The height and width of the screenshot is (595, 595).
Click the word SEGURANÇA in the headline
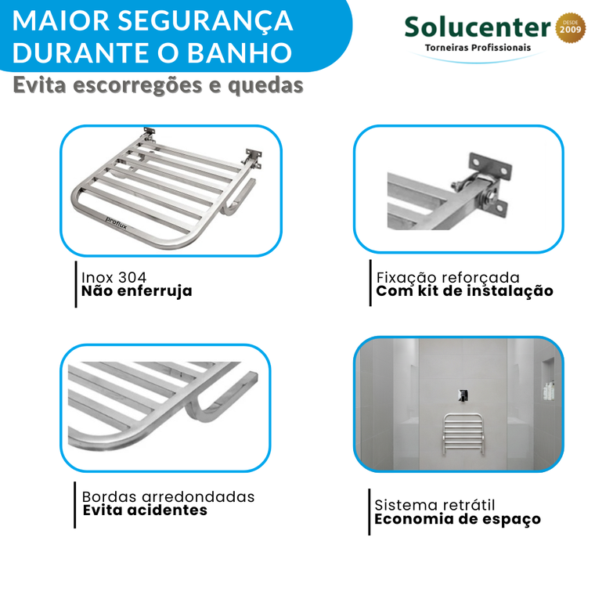click(x=205, y=21)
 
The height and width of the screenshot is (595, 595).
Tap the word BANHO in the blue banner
click(x=240, y=52)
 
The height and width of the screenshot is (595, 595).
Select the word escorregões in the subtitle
click(x=138, y=85)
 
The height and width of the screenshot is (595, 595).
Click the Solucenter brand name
click(x=478, y=27)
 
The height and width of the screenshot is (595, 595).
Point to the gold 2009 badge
click(x=570, y=27)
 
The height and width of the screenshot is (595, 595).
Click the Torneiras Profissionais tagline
click(x=478, y=48)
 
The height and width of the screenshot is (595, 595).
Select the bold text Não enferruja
click(x=136, y=291)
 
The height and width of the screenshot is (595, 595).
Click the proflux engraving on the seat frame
click(x=116, y=223)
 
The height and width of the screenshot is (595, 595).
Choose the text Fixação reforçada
click(x=448, y=278)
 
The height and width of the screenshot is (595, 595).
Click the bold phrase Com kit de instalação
click(x=464, y=291)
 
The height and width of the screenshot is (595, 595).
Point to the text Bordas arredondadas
click(x=168, y=496)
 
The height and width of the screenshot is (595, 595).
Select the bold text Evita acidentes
click(x=145, y=510)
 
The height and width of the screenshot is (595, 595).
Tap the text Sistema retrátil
click(x=435, y=506)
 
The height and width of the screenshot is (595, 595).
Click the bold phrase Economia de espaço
click(x=457, y=519)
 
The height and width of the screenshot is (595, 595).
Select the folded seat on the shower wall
click(x=463, y=434)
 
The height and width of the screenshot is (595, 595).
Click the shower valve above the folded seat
click(x=463, y=395)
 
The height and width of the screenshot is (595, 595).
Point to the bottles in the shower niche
click(x=548, y=391)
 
